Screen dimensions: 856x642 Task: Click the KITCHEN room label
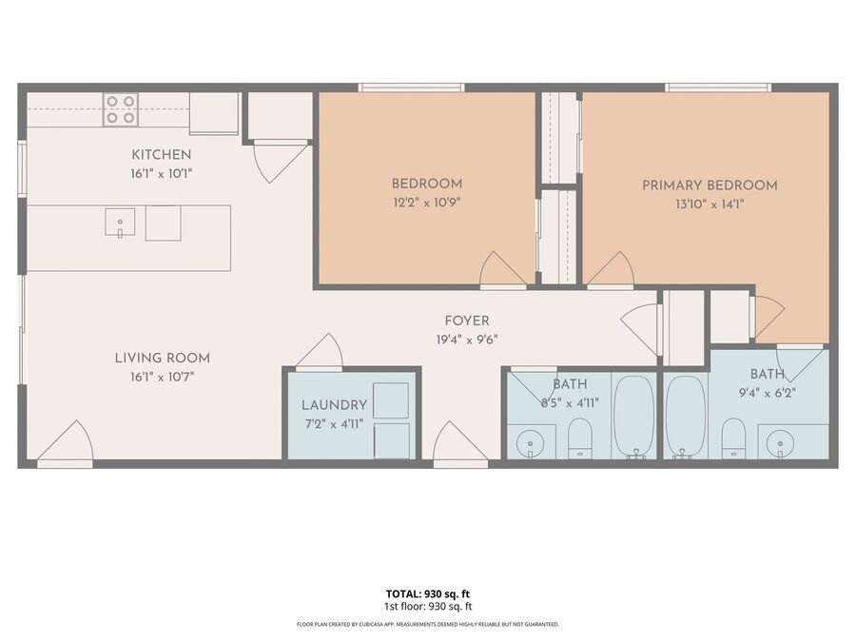pyautogui.click(x=161, y=154)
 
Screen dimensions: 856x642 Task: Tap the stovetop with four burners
pyautogui.click(x=121, y=109)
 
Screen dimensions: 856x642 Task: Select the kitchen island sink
pyautogui.click(x=120, y=223)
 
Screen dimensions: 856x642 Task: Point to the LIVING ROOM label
pyautogui.click(x=162, y=359)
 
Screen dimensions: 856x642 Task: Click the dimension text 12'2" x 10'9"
pyautogui.click(x=427, y=203)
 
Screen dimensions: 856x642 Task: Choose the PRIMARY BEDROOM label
pyautogui.click(x=710, y=185)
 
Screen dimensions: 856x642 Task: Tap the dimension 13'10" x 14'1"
pyautogui.click(x=710, y=204)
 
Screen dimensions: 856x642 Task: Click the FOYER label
pyautogui.click(x=467, y=321)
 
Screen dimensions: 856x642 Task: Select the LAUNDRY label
pyautogui.click(x=334, y=405)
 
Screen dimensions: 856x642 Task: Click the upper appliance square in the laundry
pyautogui.click(x=391, y=400)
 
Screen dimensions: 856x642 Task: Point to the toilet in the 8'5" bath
pyautogui.click(x=580, y=438)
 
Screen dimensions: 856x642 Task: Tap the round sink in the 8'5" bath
pyautogui.click(x=530, y=441)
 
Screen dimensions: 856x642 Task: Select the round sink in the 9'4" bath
pyautogui.click(x=780, y=442)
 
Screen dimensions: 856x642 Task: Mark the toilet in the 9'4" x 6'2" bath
pyautogui.click(x=733, y=438)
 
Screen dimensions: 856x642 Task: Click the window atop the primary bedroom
pyautogui.click(x=718, y=88)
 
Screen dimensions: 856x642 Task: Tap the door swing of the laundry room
pyautogui.click(x=320, y=352)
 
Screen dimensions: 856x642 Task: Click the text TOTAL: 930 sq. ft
pyautogui.click(x=428, y=593)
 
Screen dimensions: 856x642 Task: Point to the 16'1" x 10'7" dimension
pyautogui.click(x=162, y=377)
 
